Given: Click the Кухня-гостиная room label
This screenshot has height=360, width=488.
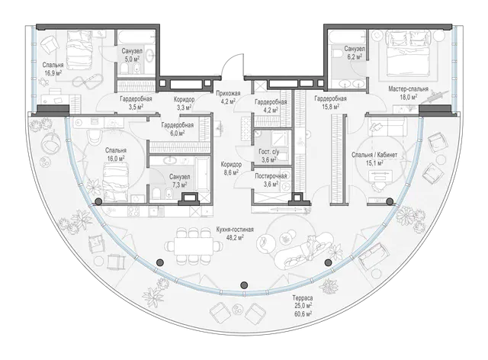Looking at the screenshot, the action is [235, 230].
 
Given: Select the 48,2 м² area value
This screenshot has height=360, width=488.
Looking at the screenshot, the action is [235, 237].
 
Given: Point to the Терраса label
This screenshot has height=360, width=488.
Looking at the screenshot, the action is [303, 298].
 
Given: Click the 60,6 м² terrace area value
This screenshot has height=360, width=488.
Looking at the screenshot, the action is [303, 313].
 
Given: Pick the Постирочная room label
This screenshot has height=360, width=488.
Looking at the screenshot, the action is [271, 176].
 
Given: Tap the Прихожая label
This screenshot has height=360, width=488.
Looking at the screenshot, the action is [229, 93].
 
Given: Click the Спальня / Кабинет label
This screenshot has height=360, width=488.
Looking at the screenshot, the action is [374, 155].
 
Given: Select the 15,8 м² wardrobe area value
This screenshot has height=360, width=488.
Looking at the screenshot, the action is [330, 107].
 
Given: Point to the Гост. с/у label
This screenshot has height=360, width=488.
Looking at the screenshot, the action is [269, 152].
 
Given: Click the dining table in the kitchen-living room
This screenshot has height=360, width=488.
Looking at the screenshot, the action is [194, 246].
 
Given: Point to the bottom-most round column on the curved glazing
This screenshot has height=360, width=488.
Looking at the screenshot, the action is [244, 284].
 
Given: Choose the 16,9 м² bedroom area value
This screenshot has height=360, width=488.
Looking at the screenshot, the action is [53, 73].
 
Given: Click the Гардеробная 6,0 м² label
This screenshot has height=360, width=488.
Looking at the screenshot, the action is [178, 125].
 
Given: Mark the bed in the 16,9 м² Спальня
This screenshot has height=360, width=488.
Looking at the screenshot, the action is [79, 50].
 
